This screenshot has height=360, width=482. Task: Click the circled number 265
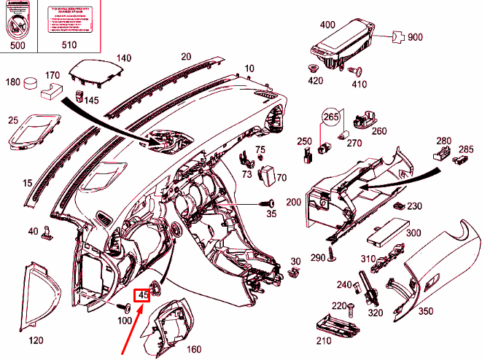pos(332,117)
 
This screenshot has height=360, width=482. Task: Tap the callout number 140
pos(123,58)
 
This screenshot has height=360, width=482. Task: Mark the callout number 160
pos(194,348)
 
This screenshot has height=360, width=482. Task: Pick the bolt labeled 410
pos(358,72)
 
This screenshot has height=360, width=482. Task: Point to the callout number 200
pos(294,200)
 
